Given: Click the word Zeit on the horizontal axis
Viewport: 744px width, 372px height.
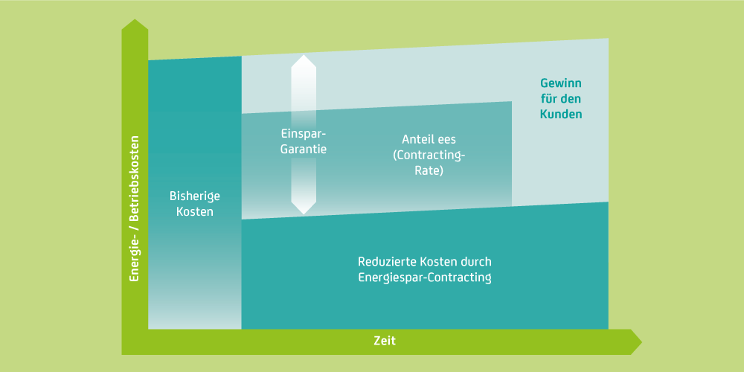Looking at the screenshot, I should pyautogui.click(x=385, y=341).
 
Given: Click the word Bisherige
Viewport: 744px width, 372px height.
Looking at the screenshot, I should pyautogui.click(x=195, y=196).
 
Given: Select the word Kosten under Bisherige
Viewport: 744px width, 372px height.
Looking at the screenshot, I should pyautogui.click(x=195, y=211).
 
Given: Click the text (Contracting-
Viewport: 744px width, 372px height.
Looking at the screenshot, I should pyautogui.click(x=429, y=155).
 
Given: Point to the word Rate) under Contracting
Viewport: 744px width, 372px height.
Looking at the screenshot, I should pyautogui.click(x=429, y=170).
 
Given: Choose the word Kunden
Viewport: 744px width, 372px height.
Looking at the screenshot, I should pyautogui.click(x=561, y=115).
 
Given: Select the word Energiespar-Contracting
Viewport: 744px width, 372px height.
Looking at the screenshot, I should pyautogui.click(x=425, y=278).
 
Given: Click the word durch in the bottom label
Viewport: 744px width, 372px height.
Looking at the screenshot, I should pyautogui.click(x=477, y=262).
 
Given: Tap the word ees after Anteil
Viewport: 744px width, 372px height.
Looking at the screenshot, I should pyautogui.click(x=449, y=139).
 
